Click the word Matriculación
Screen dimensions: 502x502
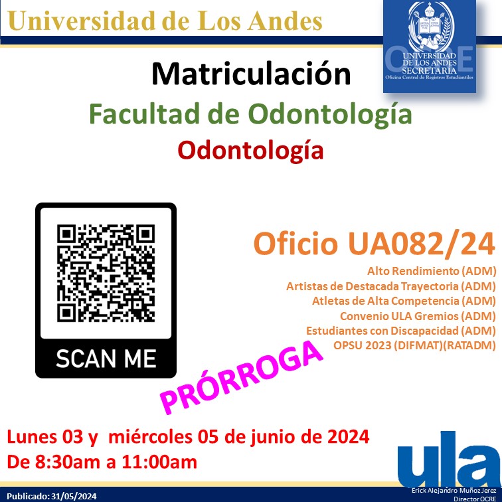[251, 74]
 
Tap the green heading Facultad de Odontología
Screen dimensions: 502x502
[251, 114]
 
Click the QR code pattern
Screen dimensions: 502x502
[106, 272]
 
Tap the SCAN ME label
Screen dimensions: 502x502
[106, 359]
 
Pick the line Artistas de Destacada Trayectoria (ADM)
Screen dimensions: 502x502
[391, 286]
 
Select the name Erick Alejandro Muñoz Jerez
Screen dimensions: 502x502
[454, 490]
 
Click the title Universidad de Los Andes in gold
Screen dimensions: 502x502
[166, 21]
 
